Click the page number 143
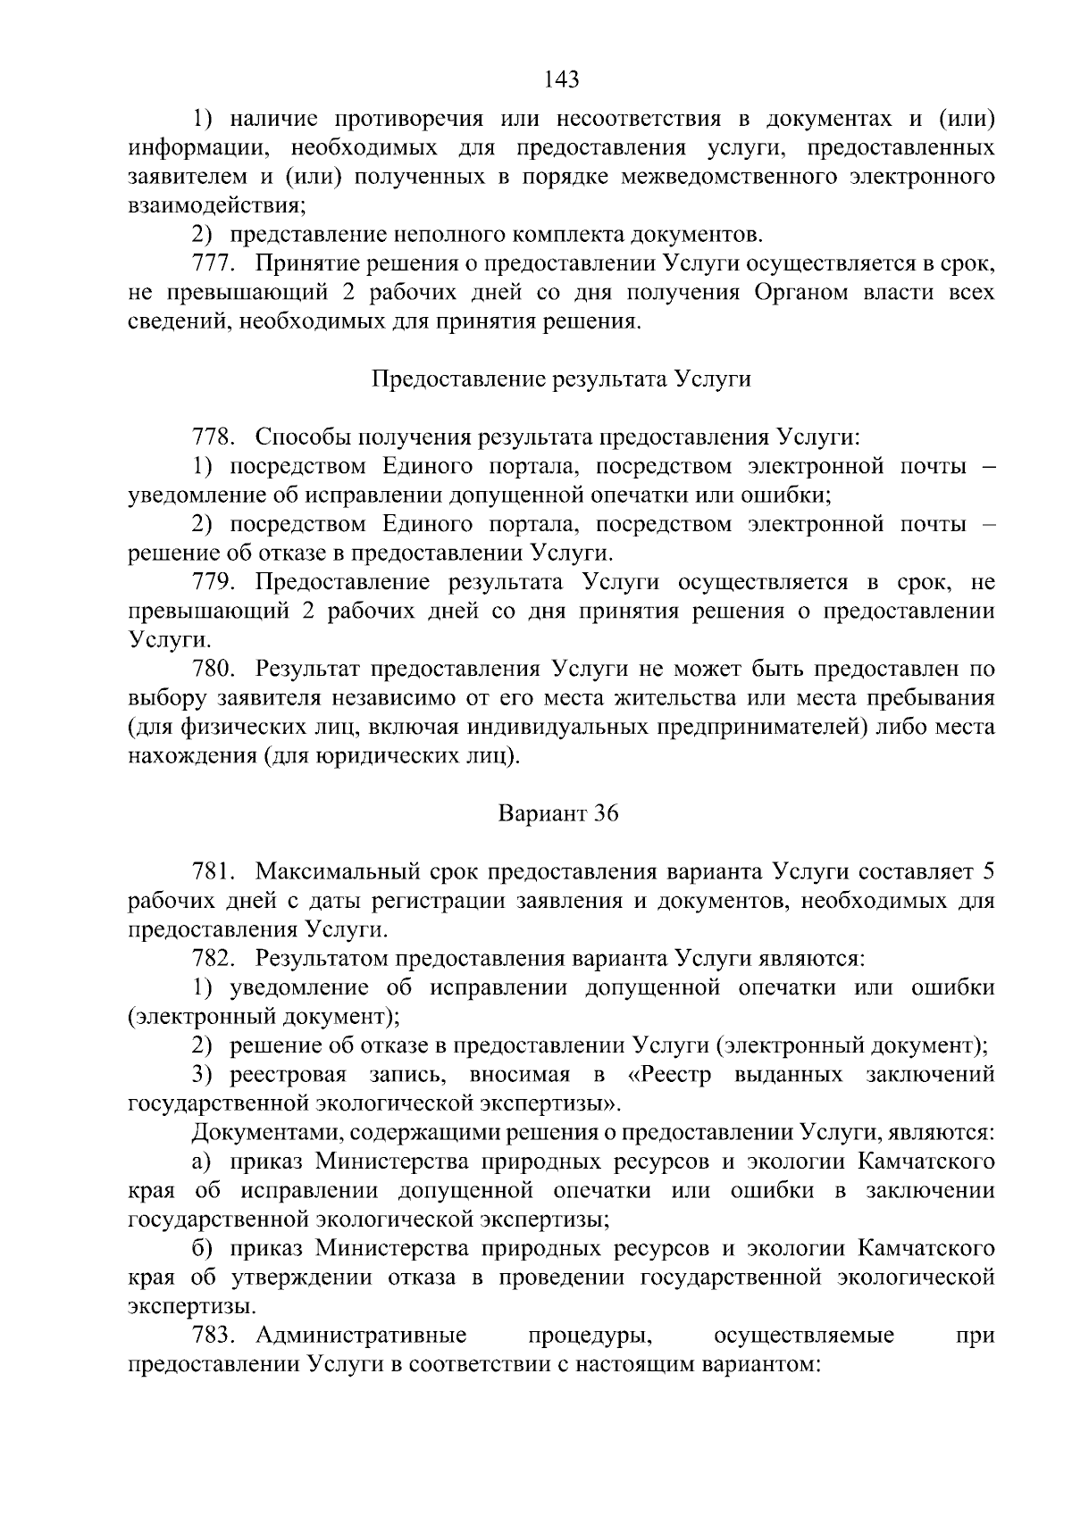tap(562, 80)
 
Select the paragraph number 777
tap(214, 264)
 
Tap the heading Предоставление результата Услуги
tap(561, 379)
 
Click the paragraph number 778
tap(214, 437)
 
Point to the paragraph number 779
tap(214, 583)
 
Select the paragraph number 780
tap(214, 670)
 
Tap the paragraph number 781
tap(214, 872)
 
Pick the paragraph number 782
tap(214, 959)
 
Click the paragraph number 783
tap(214, 1336)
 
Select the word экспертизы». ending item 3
tap(553, 1104)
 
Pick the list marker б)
tap(203, 1249)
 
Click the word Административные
tap(361, 1336)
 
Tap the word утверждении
tap(303, 1278)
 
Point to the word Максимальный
tap(331, 872)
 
